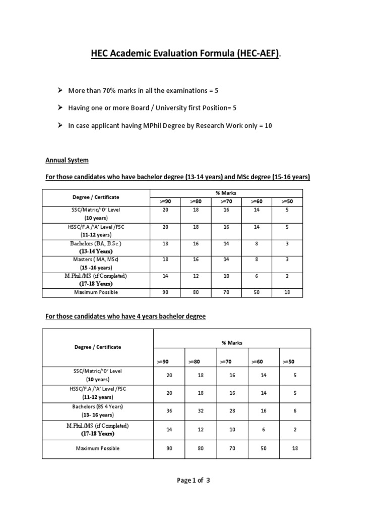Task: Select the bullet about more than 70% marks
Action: pos(144,90)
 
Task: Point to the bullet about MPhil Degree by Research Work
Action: pos(170,126)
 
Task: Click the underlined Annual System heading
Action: pos(67,161)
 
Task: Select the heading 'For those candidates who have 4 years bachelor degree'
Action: pos(125,317)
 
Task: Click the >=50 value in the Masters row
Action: pos(287,260)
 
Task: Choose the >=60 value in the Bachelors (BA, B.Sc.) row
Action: pos(256,243)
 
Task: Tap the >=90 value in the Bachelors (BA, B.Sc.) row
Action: pos(165,243)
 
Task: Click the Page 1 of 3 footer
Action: pos(193,481)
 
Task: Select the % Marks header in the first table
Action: pos(226,193)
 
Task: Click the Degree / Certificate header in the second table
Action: pos(98,347)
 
